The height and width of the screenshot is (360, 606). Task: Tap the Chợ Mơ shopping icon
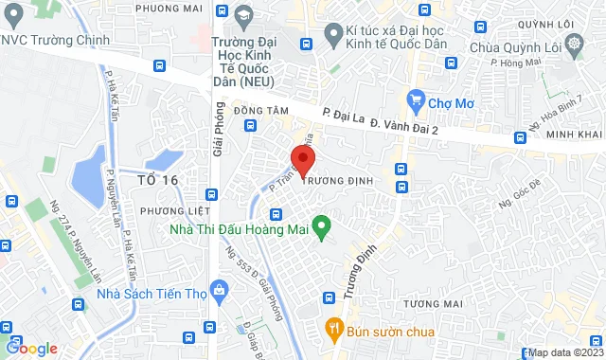click(x=415, y=99)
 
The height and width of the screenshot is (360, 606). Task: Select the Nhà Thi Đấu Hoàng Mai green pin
click(x=321, y=226)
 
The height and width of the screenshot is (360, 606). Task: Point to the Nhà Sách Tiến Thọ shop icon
click(x=221, y=288)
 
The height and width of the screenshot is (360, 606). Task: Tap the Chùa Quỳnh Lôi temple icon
click(x=574, y=44)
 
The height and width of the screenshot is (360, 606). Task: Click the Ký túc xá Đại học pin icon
click(x=331, y=37)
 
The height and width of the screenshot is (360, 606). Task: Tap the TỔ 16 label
click(x=157, y=179)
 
